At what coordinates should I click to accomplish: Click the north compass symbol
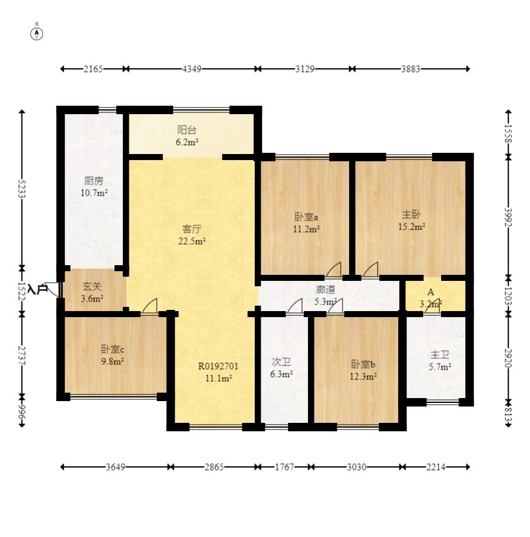[37, 34]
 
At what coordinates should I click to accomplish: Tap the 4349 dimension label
[192, 69]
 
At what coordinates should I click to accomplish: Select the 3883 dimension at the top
[411, 69]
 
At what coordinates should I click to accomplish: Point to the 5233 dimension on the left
[22, 188]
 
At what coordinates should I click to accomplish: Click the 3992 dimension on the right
[508, 217]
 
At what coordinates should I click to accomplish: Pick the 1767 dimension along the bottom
[284, 467]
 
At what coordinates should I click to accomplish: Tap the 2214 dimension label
[436, 467]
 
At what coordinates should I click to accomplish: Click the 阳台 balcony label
[187, 130]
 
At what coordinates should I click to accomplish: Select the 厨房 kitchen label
[94, 181]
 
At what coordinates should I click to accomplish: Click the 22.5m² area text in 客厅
[192, 241]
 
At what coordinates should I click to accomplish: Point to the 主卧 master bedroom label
[411, 214]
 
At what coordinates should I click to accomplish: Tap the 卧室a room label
[306, 217]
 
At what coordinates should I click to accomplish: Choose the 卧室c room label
[113, 349]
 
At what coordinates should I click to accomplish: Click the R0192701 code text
[218, 366]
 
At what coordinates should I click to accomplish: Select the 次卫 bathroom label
[281, 362]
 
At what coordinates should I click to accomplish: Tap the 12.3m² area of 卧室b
[363, 377]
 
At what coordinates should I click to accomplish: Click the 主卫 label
[440, 355]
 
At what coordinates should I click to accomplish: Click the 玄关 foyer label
[93, 286]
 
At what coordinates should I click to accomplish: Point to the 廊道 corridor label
[326, 290]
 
